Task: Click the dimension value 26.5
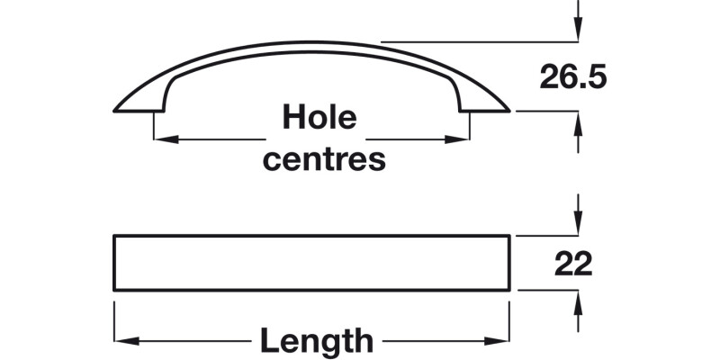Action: click(x=573, y=77)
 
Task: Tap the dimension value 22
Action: click(x=573, y=264)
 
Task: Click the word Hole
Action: click(x=319, y=117)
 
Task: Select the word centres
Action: click(x=323, y=160)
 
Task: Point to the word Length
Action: click(x=316, y=341)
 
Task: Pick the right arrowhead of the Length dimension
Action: click(x=503, y=342)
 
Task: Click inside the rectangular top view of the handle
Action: click(x=311, y=263)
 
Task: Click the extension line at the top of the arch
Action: click(x=477, y=41)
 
